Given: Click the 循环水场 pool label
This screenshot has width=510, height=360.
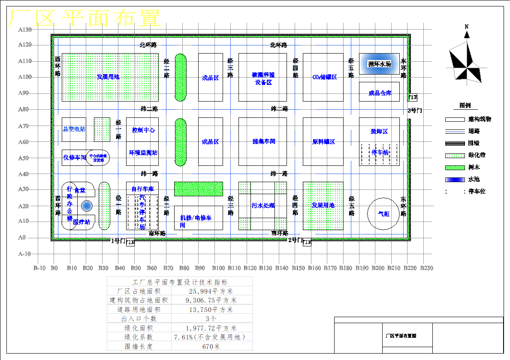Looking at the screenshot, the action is coord(380,64).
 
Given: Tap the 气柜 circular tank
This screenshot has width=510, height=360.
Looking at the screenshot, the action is coord(383,213).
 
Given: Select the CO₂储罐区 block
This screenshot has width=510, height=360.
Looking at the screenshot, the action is coord(323,77).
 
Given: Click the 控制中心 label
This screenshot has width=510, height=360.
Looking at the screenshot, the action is coord(143,130).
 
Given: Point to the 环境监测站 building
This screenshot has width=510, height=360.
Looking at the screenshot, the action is coord(143,153).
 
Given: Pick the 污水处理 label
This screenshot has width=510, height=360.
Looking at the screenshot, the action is coord(263,206).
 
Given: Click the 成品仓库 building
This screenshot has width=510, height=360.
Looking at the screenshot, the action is coord(380,93).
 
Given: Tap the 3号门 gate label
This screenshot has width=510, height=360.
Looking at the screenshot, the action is coord(414,111).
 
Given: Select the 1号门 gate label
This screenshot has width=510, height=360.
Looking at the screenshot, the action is coord(118,240).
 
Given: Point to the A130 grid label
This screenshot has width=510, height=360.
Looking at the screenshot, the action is coord(25,30).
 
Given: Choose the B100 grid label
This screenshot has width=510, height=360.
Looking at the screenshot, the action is coord(218,268).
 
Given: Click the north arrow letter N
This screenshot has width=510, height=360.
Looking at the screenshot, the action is coord(467,27).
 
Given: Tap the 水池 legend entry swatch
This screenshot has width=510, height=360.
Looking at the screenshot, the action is coord(455,180).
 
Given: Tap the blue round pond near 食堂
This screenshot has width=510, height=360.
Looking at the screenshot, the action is coord(87,206).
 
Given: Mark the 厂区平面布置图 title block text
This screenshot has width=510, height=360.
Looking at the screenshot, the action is coord(401,336).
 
